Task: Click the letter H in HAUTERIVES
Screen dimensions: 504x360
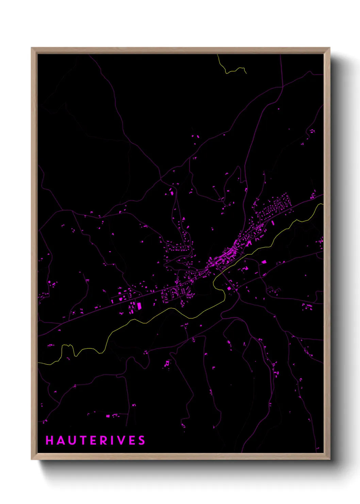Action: pyautogui.click(x=50, y=440)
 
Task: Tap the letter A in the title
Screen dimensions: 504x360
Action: pyautogui.click(x=60, y=440)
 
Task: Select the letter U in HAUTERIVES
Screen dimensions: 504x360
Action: pyautogui.click(x=71, y=440)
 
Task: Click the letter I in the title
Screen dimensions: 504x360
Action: pyautogui.click(x=115, y=440)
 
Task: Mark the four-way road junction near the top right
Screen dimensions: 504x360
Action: pyautogui.click(x=282, y=87)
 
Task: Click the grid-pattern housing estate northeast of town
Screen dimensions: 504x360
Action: pyautogui.click(x=276, y=206)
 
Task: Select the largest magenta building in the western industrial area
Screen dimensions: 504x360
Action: pyautogui.click(x=139, y=306)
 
